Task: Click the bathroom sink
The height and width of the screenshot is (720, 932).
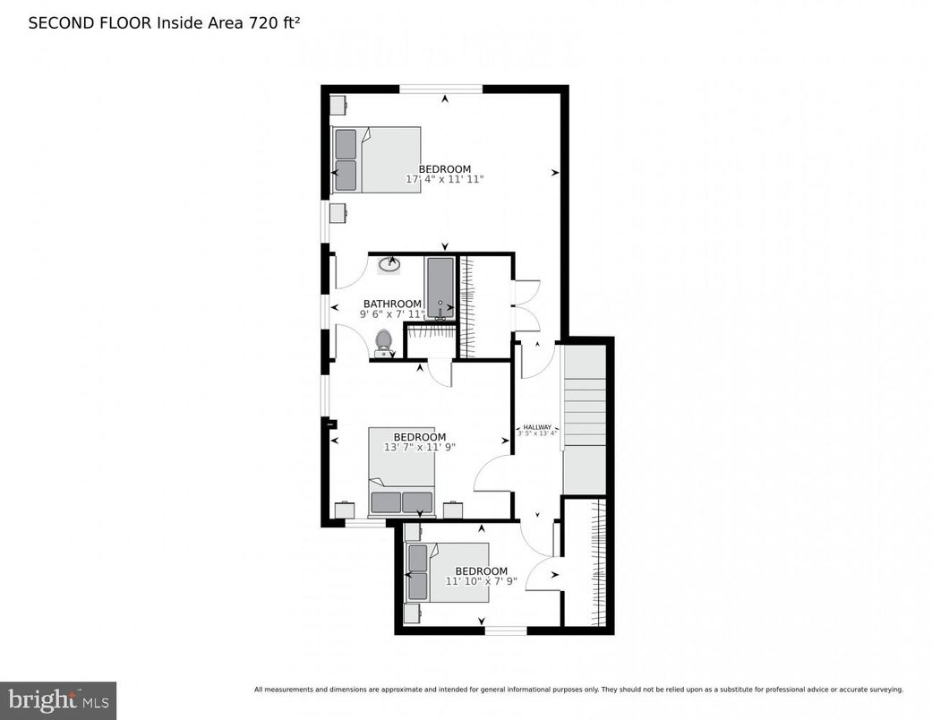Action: tap(390, 264)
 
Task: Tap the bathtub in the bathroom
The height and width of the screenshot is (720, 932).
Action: tap(440, 287)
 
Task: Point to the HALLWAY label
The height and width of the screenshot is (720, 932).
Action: tap(537, 427)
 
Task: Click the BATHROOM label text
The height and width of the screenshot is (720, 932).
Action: tap(392, 304)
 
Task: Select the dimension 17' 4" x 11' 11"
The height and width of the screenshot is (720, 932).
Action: tap(445, 179)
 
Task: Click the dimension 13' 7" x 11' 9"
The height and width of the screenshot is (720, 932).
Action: tap(419, 447)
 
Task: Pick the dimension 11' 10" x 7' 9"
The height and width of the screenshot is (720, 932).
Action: tap(481, 581)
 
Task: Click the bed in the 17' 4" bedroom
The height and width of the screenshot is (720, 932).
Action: tap(376, 159)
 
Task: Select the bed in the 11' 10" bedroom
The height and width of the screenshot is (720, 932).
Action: tap(447, 571)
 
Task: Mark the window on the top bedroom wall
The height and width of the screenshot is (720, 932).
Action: tap(440, 89)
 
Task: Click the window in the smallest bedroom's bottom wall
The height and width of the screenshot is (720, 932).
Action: tap(506, 630)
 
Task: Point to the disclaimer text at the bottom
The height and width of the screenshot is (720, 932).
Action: tap(578, 690)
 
